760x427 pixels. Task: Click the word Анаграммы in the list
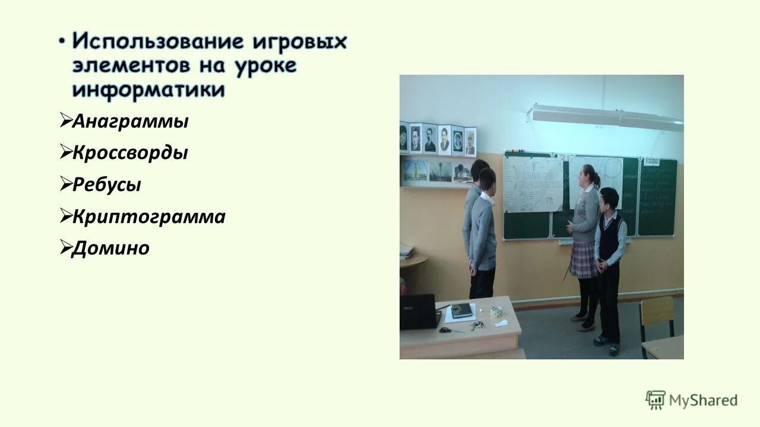coord(130,122)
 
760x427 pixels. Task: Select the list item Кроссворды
coord(130,153)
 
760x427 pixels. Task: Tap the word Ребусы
coord(107,184)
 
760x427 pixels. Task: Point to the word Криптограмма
coord(148,216)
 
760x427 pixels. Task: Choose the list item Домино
coord(110,248)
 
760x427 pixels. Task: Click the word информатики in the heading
coord(148,90)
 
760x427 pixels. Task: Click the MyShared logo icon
coord(655,400)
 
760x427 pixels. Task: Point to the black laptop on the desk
coord(418,311)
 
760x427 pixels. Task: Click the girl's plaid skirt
coord(583,260)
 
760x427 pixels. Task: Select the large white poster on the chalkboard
coord(533,184)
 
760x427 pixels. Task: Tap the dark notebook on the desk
coord(462,310)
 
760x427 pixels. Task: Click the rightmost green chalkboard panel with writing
coord(657,196)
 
